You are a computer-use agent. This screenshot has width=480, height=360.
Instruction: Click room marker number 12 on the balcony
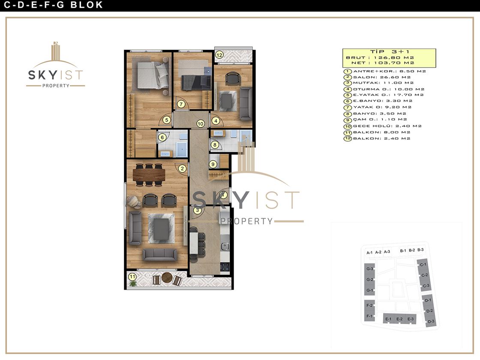(x=219, y=55)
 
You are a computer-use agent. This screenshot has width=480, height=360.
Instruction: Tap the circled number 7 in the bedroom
(x=181, y=104)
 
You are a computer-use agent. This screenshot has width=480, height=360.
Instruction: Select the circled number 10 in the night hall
(x=200, y=124)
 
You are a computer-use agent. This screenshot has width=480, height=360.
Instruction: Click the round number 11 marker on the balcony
(x=132, y=277)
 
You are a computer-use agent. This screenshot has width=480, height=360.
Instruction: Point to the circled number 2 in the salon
(x=182, y=168)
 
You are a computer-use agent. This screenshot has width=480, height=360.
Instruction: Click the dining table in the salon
(x=149, y=175)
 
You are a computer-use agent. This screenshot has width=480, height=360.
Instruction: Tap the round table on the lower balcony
(x=167, y=277)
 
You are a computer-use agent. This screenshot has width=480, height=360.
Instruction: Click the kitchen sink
(x=225, y=246)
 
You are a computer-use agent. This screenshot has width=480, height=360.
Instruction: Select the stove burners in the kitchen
(x=225, y=267)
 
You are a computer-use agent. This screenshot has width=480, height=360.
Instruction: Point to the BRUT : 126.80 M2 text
(x=380, y=57)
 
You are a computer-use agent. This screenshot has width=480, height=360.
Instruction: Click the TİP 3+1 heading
(x=390, y=52)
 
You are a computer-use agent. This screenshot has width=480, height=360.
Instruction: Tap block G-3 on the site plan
(x=369, y=269)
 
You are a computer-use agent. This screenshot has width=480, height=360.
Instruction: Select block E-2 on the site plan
(x=399, y=319)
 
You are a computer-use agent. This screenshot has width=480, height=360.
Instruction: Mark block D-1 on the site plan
(x=428, y=300)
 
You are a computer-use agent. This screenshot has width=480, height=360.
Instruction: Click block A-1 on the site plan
(x=369, y=252)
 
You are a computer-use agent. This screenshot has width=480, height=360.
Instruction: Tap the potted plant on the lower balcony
(x=132, y=283)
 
